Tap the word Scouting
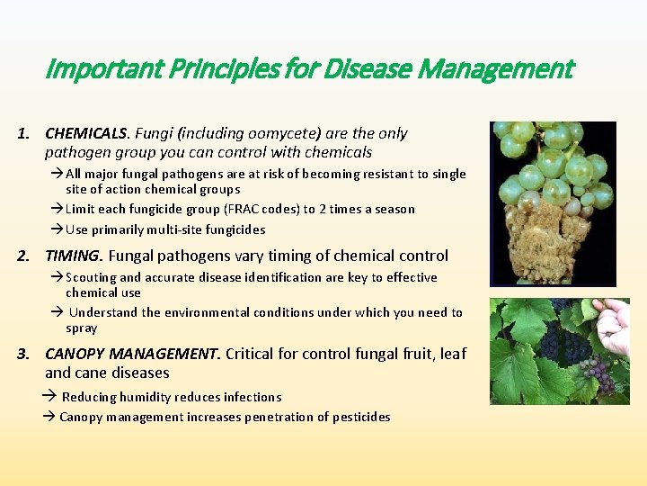91,277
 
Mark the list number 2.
23,256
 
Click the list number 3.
23,354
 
